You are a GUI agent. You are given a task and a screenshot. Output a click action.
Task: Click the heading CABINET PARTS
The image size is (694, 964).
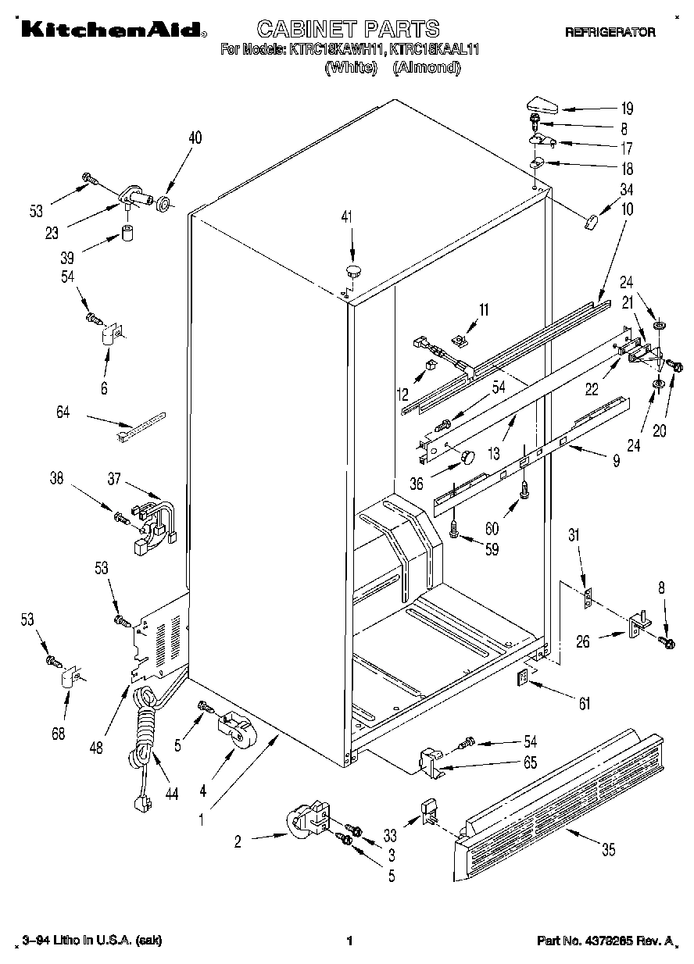click(348, 30)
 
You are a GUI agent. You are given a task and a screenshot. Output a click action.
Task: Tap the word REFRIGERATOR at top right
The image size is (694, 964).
click(610, 33)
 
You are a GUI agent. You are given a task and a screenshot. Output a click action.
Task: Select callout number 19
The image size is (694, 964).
click(627, 109)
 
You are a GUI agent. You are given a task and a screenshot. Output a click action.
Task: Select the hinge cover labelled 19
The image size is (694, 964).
click(540, 104)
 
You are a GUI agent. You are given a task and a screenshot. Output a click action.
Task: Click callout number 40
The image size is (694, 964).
click(195, 138)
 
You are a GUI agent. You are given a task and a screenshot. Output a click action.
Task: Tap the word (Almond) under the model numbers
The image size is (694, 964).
click(427, 67)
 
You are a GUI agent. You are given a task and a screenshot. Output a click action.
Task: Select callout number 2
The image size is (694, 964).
click(238, 841)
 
